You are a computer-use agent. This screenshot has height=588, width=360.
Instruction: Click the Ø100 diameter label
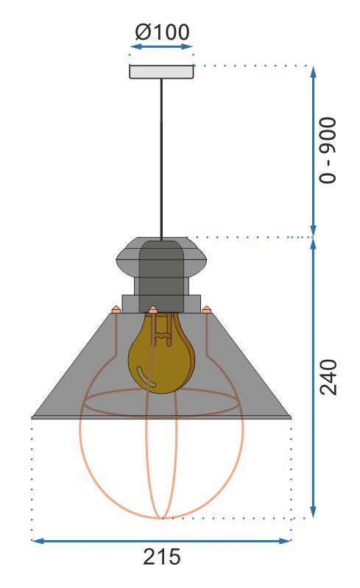[x=162, y=32]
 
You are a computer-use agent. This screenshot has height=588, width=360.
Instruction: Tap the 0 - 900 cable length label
[x=328, y=149]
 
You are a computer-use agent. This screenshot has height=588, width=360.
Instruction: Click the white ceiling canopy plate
[x=161, y=72]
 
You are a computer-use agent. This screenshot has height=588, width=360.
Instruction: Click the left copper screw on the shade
[x=116, y=310]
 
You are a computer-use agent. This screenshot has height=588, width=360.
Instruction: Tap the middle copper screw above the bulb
[x=153, y=309]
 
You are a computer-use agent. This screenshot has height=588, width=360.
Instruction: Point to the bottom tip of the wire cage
[x=161, y=517]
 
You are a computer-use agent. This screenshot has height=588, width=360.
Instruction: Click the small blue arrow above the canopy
[x=161, y=47]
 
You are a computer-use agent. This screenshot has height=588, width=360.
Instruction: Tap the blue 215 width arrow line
[x=161, y=541]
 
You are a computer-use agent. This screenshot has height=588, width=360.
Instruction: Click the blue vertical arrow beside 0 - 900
[x=314, y=151]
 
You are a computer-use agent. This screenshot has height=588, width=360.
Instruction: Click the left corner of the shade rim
[x=34, y=417]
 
